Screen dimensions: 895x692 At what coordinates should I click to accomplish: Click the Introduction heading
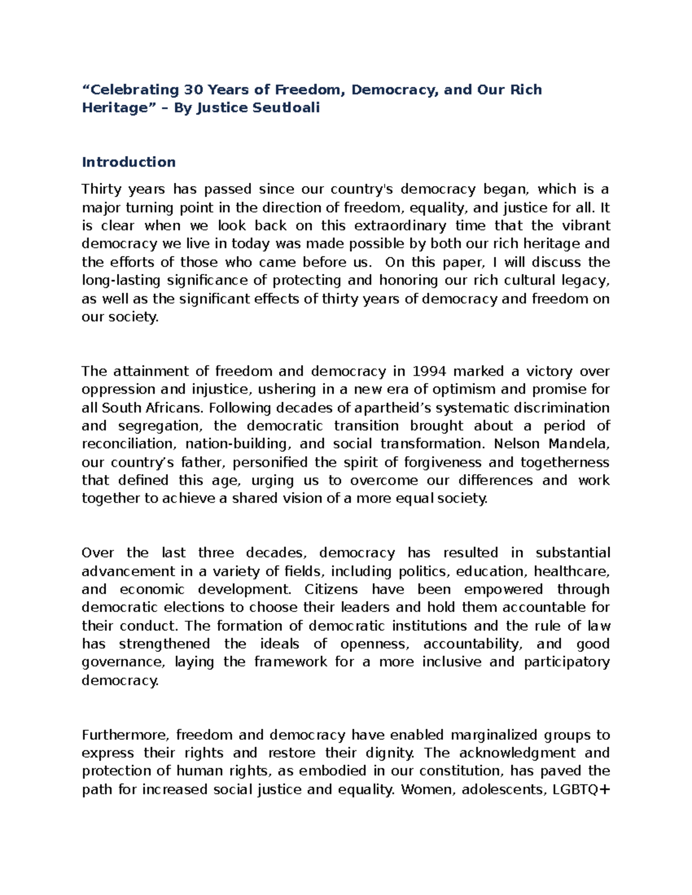coord(129,162)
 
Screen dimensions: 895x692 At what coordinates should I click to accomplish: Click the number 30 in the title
coord(193,90)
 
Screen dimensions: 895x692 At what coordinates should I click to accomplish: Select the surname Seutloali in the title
coord(286,108)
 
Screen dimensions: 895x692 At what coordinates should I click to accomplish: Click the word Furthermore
coord(125,735)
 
